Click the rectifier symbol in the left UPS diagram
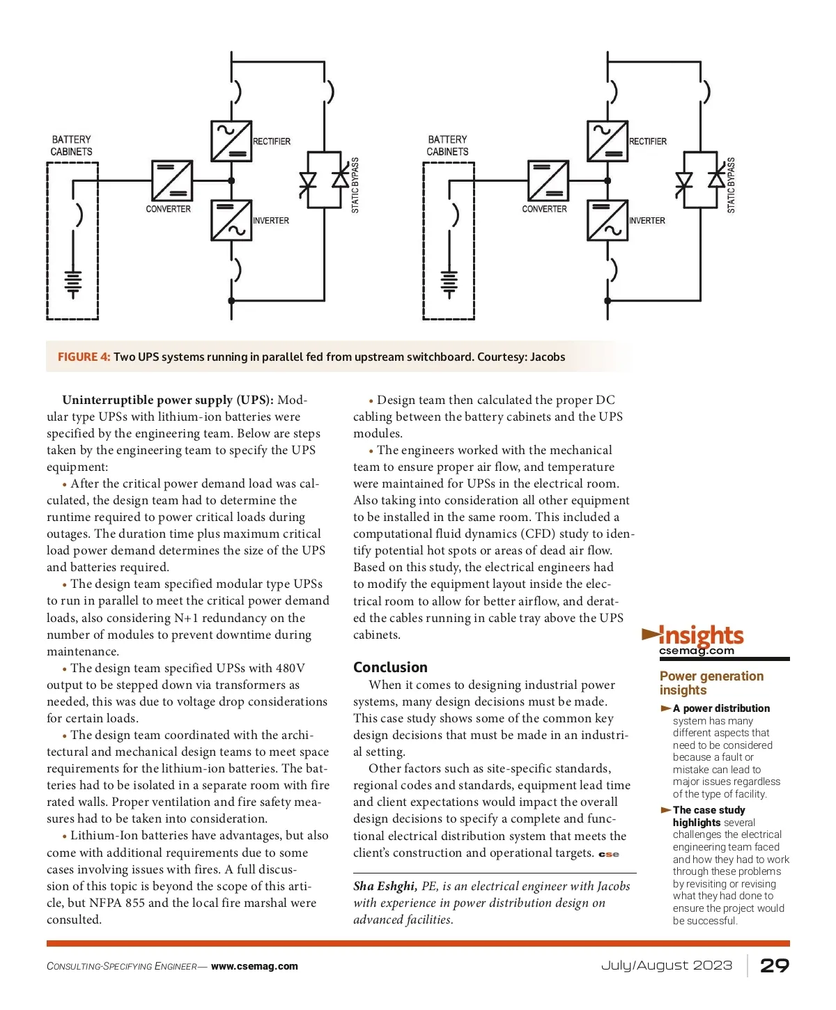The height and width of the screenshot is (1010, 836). click(231, 141)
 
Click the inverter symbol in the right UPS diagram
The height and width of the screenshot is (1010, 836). click(607, 220)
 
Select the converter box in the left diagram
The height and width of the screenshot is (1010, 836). click(172, 181)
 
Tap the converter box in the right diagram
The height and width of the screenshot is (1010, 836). click(548, 181)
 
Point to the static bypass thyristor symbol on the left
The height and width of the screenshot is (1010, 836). click(324, 180)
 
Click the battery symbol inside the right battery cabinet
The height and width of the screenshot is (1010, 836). click(449, 283)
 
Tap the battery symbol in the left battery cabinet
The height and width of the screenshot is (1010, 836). click(73, 283)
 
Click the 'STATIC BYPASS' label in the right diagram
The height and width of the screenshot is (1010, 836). click(731, 185)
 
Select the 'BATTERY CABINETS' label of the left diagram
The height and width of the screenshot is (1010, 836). click(71, 146)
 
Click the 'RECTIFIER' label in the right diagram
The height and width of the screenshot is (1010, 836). click(648, 141)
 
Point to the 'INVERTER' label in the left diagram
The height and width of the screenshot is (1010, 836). click(271, 221)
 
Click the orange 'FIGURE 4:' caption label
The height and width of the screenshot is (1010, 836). click(84, 357)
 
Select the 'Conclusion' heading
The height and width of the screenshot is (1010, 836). click(390, 667)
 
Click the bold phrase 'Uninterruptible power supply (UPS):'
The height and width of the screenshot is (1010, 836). click(168, 400)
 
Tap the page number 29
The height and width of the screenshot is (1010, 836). click(774, 965)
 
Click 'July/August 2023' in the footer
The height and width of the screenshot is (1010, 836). click(667, 965)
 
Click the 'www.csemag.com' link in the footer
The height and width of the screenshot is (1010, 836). click(254, 966)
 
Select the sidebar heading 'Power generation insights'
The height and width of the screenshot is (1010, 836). click(711, 683)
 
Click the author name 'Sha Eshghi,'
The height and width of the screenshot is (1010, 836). click(385, 886)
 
